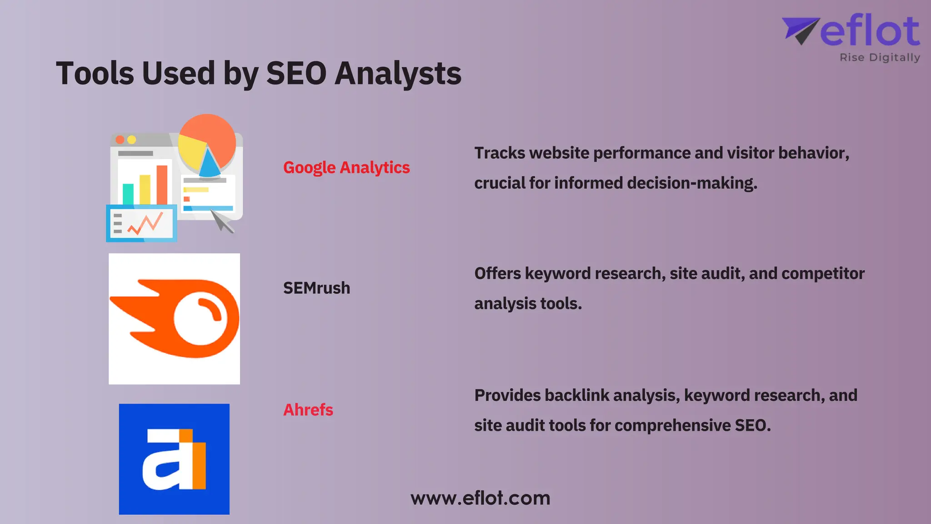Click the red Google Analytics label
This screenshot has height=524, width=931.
coord(346,167)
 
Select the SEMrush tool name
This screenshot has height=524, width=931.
coord(316,288)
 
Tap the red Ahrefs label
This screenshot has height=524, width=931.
coord(308,410)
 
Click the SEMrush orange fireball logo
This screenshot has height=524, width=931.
coord(175,318)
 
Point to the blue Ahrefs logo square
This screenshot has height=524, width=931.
coord(174,459)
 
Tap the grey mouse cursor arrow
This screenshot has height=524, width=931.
coord(222,221)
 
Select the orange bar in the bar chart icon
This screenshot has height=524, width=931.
coord(162,185)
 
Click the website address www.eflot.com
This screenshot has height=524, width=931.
coord(480,498)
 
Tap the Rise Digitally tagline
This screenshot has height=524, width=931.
coord(880,58)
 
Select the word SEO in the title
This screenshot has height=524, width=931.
coord(296,73)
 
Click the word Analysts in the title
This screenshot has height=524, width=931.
coord(398,74)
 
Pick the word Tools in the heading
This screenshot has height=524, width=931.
coord(95,73)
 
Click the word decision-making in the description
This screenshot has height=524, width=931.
coord(692,183)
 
